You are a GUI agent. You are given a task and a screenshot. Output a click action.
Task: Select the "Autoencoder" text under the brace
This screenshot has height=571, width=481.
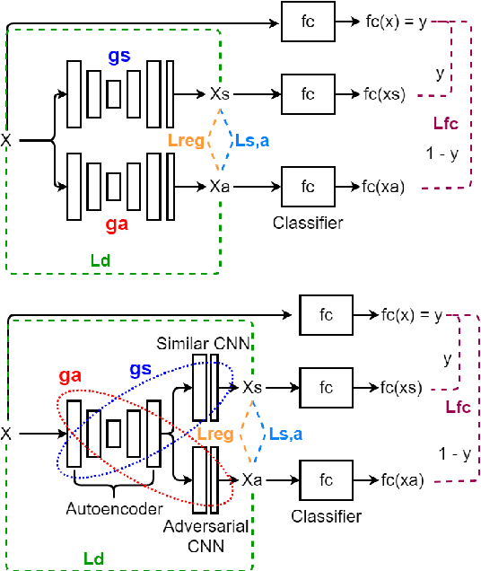(116, 508)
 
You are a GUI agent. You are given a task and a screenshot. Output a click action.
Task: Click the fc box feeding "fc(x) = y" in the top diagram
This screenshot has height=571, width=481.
(307, 21)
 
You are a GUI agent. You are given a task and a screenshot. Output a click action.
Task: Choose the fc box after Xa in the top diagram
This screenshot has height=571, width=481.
(307, 187)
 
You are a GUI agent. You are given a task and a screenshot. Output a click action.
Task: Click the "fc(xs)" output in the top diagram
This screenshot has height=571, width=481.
(383, 93)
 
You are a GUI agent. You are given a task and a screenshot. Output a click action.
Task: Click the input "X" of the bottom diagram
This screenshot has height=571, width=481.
(6, 434)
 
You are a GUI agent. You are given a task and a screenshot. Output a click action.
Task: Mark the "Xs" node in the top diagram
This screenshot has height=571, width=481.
(220, 93)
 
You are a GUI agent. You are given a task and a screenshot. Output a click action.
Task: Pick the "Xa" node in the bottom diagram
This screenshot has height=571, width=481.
(252, 479)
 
